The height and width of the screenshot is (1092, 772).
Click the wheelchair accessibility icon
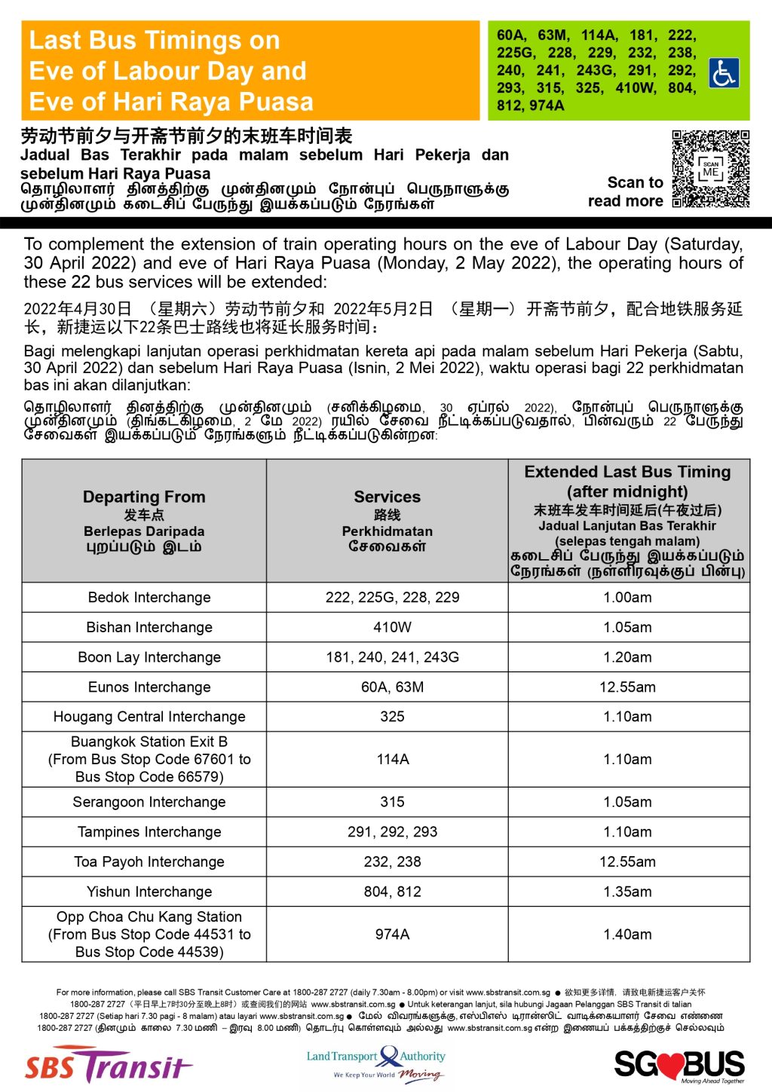click(724, 73)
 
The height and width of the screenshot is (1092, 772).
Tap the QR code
click(710, 169)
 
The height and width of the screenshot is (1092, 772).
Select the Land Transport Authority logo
click(376, 1063)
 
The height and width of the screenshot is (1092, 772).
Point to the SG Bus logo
click(679, 1065)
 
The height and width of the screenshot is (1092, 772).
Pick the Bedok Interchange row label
click(149, 598)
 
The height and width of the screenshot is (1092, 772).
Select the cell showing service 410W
click(392, 627)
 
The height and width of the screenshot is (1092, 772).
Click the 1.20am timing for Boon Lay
click(627, 657)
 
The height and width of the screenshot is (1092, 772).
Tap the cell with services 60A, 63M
click(392, 687)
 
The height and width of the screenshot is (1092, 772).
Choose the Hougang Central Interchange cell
click(149, 717)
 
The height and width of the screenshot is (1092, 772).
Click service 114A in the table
click(392, 760)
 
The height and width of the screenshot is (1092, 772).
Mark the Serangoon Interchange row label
click(149, 802)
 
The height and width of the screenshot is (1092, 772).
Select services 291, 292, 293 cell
click(392, 832)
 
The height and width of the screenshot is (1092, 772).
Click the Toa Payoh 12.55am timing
click(627, 861)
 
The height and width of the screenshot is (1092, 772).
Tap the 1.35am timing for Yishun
click(627, 892)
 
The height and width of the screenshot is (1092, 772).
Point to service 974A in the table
click(392, 934)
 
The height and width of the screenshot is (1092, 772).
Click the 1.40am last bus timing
click(627, 934)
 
